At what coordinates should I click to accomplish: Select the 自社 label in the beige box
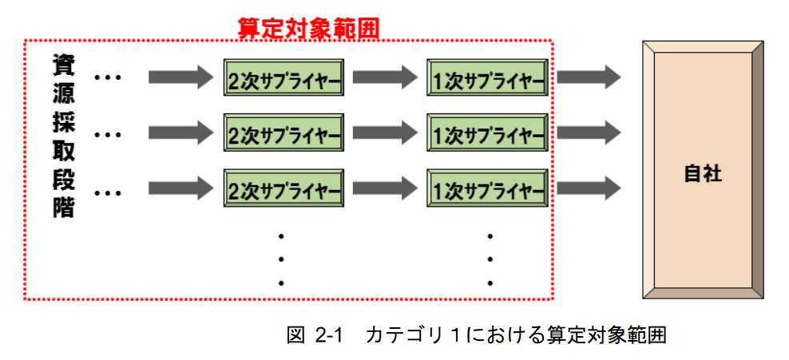[703, 173]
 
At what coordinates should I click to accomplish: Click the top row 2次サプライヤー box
[283, 78]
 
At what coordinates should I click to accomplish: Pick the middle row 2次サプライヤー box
[283, 133]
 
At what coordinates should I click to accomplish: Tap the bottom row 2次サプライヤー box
[283, 189]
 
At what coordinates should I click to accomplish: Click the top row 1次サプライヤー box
[488, 78]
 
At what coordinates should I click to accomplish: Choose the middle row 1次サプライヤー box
[488, 133]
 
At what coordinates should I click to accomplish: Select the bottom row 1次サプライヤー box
[488, 189]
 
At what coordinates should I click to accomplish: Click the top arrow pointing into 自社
[589, 77]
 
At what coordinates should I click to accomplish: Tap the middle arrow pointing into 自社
[589, 132]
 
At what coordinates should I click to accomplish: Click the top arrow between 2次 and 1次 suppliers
[385, 77]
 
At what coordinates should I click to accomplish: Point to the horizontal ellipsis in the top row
[107, 78]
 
